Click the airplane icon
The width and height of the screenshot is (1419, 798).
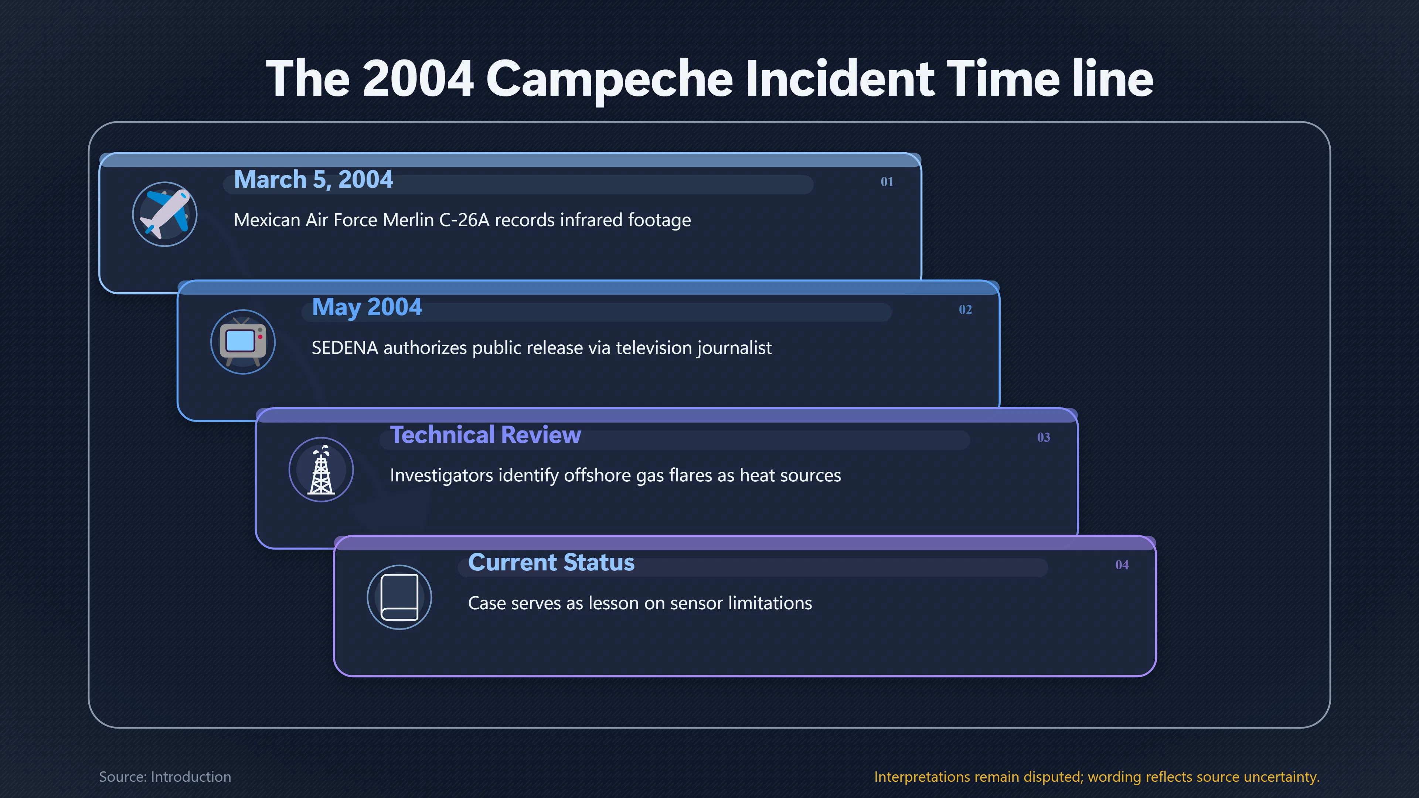click(165, 214)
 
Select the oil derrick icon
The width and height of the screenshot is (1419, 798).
click(321, 470)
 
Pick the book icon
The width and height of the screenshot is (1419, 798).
click(399, 597)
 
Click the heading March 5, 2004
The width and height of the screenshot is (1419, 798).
click(313, 180)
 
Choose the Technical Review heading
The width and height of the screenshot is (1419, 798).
click(485, 434)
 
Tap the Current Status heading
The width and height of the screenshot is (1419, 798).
click(551, 562)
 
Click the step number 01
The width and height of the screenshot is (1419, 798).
click(887, 182)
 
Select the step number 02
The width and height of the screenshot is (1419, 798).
click(965, 310)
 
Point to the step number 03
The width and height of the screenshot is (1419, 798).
click(1043, 437)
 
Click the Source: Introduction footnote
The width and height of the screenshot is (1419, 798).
click(165, 777)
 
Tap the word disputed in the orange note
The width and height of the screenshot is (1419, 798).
click(1053, 777)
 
